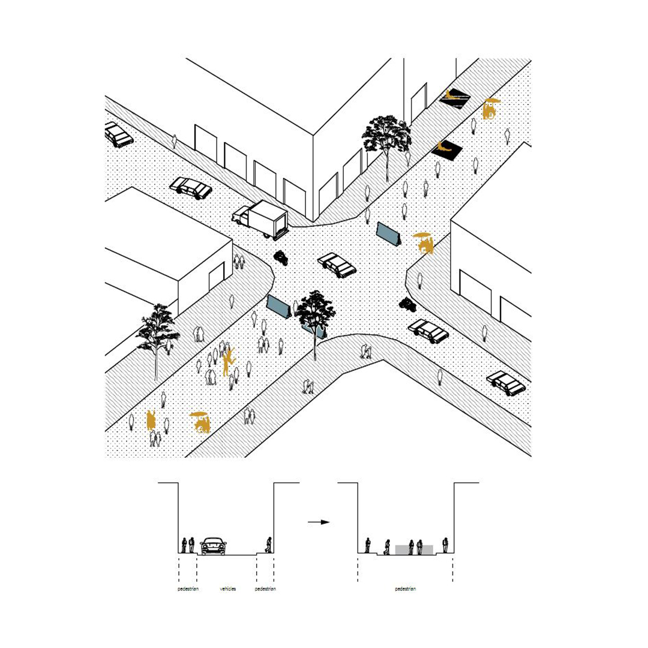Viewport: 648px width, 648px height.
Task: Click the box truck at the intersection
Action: click(260, 219)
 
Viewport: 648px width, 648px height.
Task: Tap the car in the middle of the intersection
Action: click(337, 265)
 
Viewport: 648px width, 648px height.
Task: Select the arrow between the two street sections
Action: click(319, 522)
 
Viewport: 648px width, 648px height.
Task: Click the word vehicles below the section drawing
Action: click(228, 589)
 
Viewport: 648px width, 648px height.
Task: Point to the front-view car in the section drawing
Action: click(213, 546)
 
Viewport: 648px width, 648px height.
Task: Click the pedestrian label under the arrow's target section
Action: click(406, 589)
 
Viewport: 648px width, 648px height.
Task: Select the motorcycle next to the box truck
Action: click(281, 257)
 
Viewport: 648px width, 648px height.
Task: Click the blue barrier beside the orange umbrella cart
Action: click(388, 234)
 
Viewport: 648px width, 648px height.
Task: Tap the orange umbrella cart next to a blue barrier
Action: click(424, 242)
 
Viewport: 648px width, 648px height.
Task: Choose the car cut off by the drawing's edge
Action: click(118, 134)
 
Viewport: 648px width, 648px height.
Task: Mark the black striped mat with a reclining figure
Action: click(455, 97)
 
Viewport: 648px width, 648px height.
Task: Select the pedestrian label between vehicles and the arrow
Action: click(265, 589)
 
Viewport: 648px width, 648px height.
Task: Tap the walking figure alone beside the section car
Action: click(269, 545)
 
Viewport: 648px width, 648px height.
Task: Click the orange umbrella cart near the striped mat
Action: click(491, 109)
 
